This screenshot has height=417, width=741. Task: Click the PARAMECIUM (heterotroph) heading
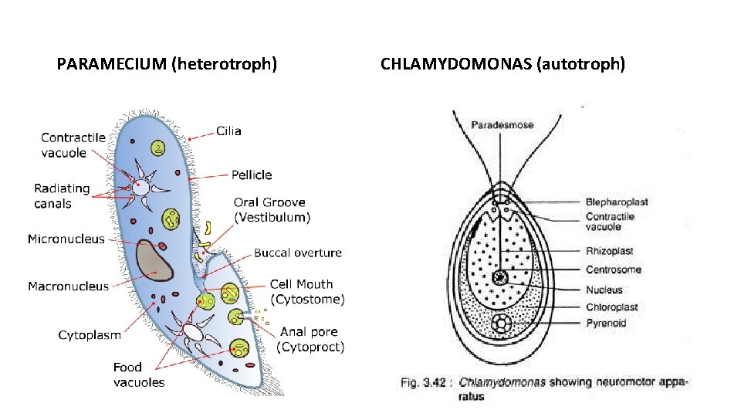click(167, 64)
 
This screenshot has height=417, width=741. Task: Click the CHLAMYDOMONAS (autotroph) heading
click(502, 64)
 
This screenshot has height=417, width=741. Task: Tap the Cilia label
click(228, 131)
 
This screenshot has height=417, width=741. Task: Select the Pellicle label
click(252, 175)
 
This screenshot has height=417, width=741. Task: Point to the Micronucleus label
click(66, 239)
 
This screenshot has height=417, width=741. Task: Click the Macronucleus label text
click(69, 286)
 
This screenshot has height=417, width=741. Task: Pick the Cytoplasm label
click(90, 335)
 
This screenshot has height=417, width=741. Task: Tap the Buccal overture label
click(298, 253)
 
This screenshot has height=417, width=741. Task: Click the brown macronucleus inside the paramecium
click(153, 260)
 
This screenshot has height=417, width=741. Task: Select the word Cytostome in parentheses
click(308, 300)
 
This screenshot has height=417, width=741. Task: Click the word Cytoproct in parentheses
click(310, 347)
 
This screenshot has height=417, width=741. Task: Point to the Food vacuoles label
click(139, 375)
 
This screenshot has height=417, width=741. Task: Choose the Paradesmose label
click(502, 125)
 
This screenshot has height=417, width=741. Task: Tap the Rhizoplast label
click(609, 251)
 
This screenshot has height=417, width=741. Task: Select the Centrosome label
click(613, 270)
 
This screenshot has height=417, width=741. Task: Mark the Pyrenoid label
click(606, 323)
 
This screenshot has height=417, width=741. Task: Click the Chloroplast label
click(611, 307)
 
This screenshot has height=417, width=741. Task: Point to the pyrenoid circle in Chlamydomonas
click(502, 323)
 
